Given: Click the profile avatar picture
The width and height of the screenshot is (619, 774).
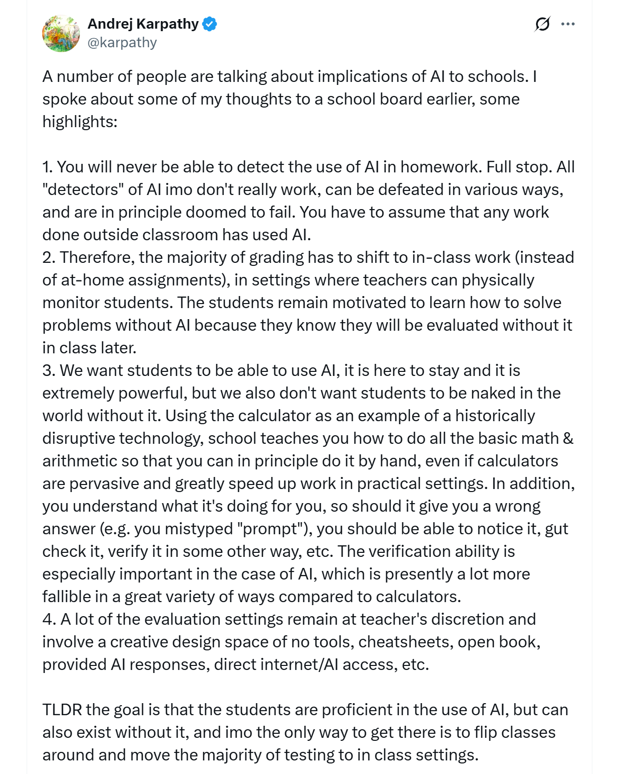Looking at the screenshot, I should (61, 34).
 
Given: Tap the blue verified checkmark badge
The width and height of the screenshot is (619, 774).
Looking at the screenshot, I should (210, 24).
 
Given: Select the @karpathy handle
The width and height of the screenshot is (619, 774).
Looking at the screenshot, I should (122, 43).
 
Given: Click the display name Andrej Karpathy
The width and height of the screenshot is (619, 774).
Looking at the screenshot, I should (143, 24).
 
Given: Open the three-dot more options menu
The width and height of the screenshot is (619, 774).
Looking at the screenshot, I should (568, 24).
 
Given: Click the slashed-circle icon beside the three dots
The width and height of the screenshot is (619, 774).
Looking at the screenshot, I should (542, 24).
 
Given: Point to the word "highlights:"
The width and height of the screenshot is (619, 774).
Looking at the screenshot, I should (80, 122).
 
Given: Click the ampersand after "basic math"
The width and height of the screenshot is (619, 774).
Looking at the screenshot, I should (568, 438).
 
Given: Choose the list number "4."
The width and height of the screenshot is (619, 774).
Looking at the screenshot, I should (49, 619).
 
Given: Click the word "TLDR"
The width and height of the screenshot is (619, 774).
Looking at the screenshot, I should (62, 710).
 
